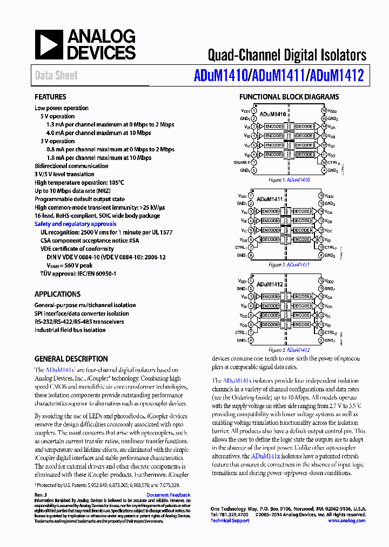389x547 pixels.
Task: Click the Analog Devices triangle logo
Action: pos(49,45)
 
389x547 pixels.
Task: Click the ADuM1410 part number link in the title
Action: pos(220,75)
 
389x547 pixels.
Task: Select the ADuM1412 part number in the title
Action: pos(336,75)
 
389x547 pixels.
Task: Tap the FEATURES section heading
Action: pos(50,97)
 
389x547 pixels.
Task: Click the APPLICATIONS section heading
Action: pos(57,295)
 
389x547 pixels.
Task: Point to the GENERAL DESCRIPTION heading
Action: pos(71,359)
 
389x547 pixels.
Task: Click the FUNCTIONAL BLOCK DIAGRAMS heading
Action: pos(289,97)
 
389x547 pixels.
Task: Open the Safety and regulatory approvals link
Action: pos(75,224)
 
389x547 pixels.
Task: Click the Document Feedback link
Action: pos(168,495)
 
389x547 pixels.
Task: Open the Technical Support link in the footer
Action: pos(229,521)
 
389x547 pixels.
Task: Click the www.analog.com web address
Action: pos(346,521)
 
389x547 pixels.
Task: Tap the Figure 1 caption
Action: pos(289,179)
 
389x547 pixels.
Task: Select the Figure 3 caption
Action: pos(289,350)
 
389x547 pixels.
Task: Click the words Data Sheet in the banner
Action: pos(56,76)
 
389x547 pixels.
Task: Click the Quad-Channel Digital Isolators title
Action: pos(287,55)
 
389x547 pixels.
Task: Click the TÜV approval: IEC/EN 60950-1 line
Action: pos(78,274)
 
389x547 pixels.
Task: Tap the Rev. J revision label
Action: pos(41,495)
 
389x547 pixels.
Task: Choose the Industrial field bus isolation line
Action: pos(70,330)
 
